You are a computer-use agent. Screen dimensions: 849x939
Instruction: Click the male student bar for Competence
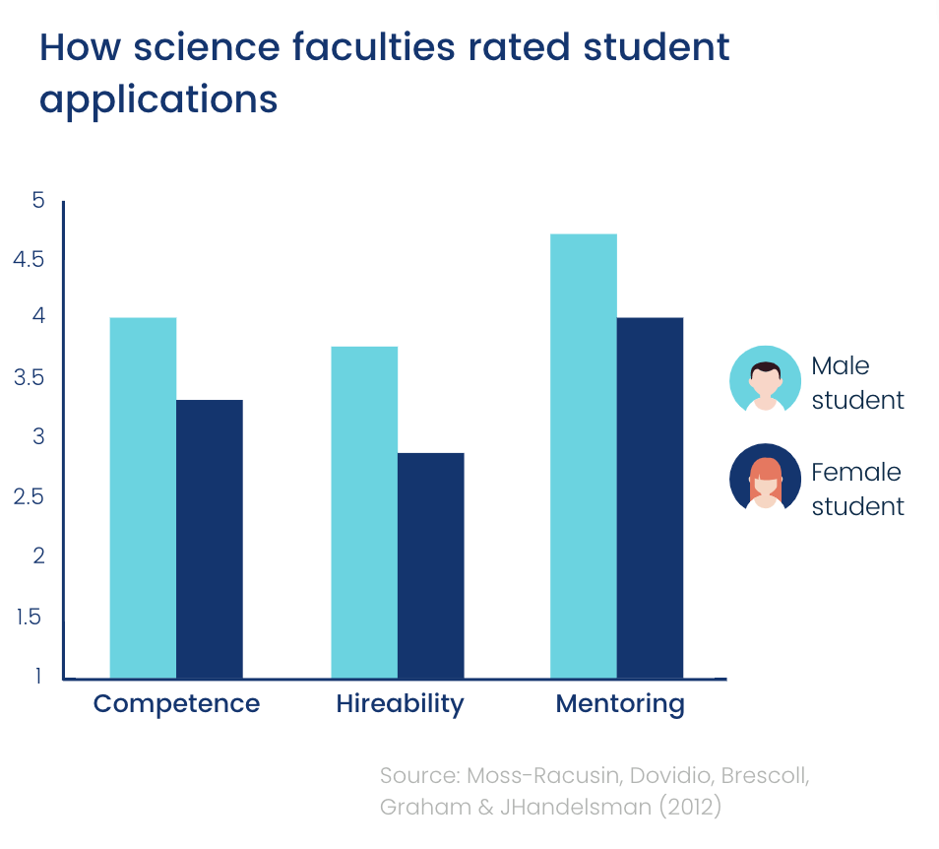point(143,497)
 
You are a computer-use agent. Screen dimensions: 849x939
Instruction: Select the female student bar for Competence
point(210,539)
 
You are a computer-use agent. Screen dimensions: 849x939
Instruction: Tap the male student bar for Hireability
point(364,512)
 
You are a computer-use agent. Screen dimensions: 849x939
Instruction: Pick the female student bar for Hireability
point(430,565)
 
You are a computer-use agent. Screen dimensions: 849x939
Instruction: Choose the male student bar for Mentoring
point(584,456)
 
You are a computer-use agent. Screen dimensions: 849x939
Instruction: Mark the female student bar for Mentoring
point(650,497)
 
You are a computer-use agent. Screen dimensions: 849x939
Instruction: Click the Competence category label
point(176,704)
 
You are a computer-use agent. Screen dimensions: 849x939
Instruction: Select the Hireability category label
point(399,704)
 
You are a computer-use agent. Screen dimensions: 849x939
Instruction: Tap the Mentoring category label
point(619,704)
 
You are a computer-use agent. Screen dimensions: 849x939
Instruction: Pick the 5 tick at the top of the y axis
point(38,201)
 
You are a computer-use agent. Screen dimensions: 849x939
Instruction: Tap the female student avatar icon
point(765,479)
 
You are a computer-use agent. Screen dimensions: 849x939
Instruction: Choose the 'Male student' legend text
point(856,383)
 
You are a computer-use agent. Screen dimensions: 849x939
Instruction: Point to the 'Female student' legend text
point(856,490)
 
